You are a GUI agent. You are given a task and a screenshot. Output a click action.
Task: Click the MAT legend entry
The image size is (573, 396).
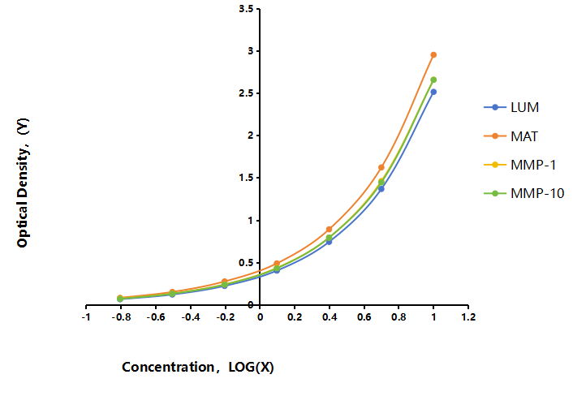(x=524, y=136)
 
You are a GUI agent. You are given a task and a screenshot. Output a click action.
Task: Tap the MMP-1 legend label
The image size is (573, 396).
(x=533, y=165)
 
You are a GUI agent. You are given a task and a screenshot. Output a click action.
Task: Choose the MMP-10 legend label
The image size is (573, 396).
(x=537, y=193)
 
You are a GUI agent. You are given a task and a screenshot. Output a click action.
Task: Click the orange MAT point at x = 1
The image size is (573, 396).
(x=433, y=55)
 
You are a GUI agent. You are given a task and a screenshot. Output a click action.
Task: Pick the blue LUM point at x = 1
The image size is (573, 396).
(x=433, y=92)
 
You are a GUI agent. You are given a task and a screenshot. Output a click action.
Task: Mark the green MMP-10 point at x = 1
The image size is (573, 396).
(x=433, y=80)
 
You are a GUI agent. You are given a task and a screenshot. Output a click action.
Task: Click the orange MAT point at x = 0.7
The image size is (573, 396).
(x=381, y=167)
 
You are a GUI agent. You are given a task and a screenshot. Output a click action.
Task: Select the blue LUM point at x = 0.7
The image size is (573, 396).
(x=381, y=189)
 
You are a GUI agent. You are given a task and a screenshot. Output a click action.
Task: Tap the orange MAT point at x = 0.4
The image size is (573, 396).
(x=329, y=229)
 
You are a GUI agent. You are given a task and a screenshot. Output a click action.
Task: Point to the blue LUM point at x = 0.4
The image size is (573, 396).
(x=329, y=242)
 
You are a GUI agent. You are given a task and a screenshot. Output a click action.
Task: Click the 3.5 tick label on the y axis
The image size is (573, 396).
(x=246, y=8)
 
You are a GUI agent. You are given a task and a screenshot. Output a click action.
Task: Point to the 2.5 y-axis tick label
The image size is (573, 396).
(x=246, y=93)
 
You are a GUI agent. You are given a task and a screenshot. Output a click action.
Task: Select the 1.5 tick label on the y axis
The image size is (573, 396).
(x=246, y=178)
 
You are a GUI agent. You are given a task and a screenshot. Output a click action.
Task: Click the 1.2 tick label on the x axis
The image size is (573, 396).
(x=468, y=316)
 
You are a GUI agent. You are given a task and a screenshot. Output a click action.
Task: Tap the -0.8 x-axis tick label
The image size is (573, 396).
(x=121, y=316)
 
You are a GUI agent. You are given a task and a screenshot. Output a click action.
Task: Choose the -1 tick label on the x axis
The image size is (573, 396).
(x=86, y=316)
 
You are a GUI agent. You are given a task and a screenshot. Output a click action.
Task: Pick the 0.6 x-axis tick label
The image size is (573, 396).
(x=364, y=316)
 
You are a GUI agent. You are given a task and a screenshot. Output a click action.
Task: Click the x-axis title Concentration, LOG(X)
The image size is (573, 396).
(x=198, y=367)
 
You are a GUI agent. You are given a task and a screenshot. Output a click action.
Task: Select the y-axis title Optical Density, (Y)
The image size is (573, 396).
(x=23, y=183)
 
